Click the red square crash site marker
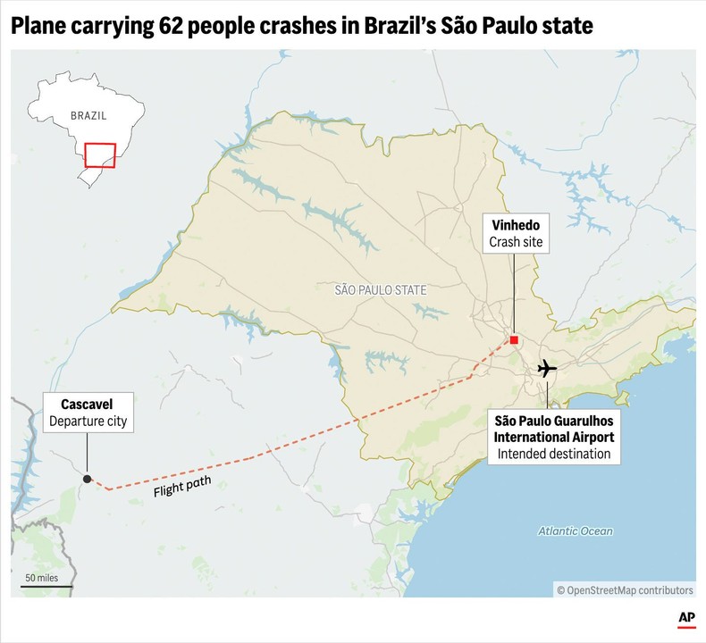[x=514, y=340]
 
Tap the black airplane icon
[x=547, y=368]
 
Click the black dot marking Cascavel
[x=87, y=479]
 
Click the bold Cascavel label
[x=87, y=404]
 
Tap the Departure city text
[x=88, y=422]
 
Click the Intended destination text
[x=554, y=454]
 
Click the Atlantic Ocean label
[x=576, y=531]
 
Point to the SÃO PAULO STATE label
[x=381, y=290]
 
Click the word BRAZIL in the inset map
[x=88, y=116]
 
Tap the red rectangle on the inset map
[x=100, y=154]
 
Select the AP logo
[x=686, y=619]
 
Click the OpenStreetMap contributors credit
[x=625, y=590]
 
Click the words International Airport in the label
[x=554, y=437]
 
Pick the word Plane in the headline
[x=35, y=27]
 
